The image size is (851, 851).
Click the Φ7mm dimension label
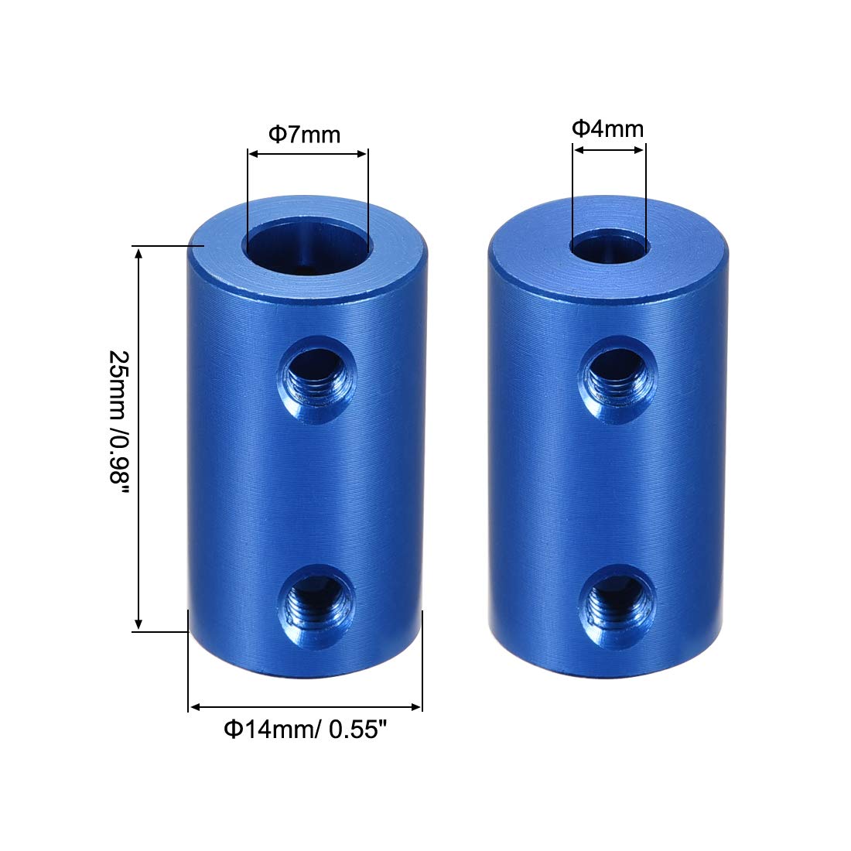point(305,134)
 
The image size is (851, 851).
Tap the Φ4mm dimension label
point(608,128)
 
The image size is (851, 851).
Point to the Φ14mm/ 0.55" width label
point(306,729)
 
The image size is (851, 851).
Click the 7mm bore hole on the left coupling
point(308,246)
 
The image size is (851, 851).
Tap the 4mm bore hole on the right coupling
point(610,247)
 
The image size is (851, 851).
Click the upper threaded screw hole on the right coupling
point(617,379)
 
